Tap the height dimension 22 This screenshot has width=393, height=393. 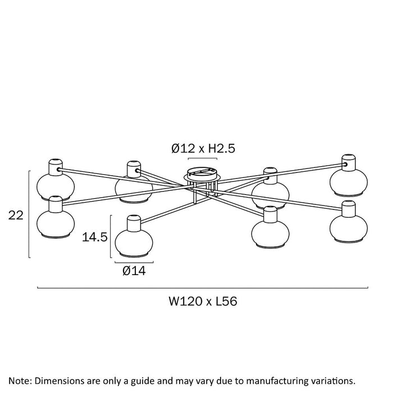[x=16, y=215]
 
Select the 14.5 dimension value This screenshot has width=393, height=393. [x=95, y=237]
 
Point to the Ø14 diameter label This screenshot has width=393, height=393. [x=134, y=271]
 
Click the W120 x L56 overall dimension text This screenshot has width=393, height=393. [x=203, y=301]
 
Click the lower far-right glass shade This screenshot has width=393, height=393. [x=348, y=225]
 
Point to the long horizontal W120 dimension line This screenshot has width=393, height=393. [x=202, y=288]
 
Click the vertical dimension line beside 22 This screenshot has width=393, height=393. [x=29, y=214]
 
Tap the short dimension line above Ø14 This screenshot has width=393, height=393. [x=134, y=262]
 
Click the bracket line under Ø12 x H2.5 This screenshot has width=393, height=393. [x=202, y=159]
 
